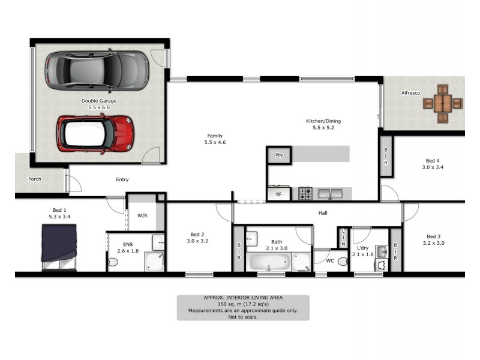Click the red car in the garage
94,133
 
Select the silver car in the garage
97,71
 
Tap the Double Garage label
99,101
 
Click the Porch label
35,179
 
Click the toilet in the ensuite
113,262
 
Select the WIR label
142,215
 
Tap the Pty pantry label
278,155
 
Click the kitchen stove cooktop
305,193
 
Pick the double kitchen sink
329,193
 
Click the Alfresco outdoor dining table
443,103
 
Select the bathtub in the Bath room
270,262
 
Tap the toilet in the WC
342,262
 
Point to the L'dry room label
362,248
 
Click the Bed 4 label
433,160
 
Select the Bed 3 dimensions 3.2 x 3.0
434,244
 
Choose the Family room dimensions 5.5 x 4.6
215,143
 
